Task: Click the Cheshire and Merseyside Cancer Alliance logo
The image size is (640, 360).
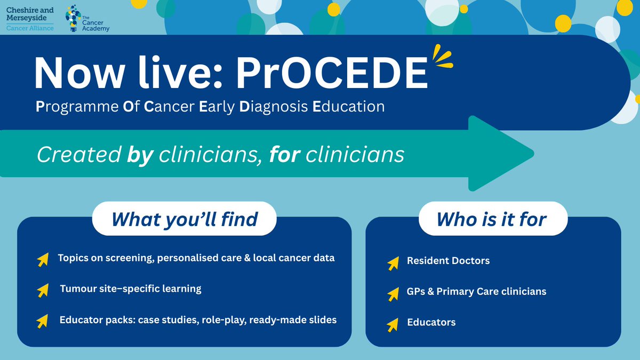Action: [29, 18]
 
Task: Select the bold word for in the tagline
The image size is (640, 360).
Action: [282, 155]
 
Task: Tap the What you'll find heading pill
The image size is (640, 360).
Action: [185, 219]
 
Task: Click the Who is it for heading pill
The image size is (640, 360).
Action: [492, 219]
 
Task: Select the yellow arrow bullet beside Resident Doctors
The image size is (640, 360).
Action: [393, 262]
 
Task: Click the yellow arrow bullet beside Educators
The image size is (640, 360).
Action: [393, 324]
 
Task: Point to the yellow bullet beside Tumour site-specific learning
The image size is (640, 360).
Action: [42, 290]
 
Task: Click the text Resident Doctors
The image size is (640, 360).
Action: [448, 261]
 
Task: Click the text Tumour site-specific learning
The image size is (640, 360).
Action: [130, 289]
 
